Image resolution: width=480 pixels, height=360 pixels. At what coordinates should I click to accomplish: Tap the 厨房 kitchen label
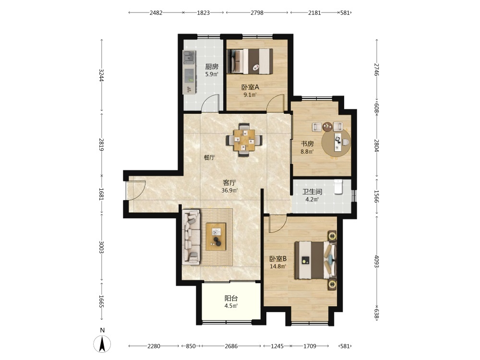pos(212,66)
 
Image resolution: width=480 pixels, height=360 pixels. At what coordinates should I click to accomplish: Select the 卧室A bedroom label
pos(250,87)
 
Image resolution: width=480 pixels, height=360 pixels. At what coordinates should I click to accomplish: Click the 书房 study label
pos(307,144)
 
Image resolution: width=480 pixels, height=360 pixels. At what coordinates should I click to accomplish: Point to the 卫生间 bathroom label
pos(312,192)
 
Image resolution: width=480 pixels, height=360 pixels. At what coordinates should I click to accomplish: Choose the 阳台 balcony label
pos(231,298)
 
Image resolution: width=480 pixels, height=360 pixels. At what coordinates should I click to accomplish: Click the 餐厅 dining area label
pos(209,157)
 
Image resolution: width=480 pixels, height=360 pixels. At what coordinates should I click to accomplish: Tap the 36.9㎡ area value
pos(229,191)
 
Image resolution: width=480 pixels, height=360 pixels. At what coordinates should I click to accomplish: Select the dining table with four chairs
pos(244,140)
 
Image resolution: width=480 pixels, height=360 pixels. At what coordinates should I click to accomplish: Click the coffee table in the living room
pos(216,237)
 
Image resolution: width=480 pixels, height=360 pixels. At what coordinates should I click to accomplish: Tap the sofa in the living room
pos(192,237)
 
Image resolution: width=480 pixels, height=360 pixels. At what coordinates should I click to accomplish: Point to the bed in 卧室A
pos(250,61)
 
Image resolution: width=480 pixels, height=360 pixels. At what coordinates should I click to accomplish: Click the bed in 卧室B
pos(315,260)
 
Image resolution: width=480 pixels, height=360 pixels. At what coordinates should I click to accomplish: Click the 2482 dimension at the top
pos(156,12)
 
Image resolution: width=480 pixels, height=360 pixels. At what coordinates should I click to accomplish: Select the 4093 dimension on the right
pos(376,262)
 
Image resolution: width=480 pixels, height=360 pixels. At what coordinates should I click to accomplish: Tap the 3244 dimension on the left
pos(102,75)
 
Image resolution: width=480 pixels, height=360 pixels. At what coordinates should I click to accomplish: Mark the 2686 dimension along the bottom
pos(231,346)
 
